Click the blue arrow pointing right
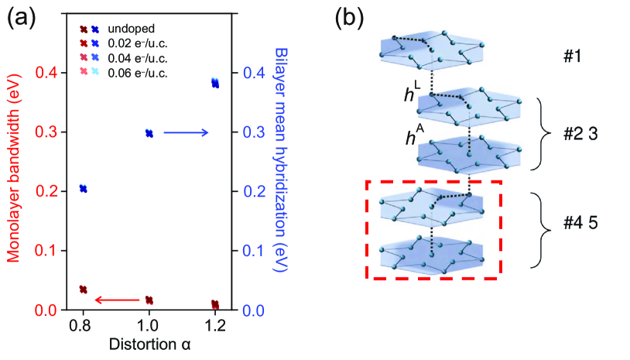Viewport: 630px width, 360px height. coord(186,133)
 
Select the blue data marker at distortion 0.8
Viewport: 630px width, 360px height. coord(84,189)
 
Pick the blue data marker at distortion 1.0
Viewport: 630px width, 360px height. coord(149,133)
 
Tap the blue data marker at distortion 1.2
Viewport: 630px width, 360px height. coord(215,83)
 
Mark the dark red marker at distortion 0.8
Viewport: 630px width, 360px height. coord(84,290)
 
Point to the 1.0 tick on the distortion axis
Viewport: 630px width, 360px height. coord(149,326)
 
